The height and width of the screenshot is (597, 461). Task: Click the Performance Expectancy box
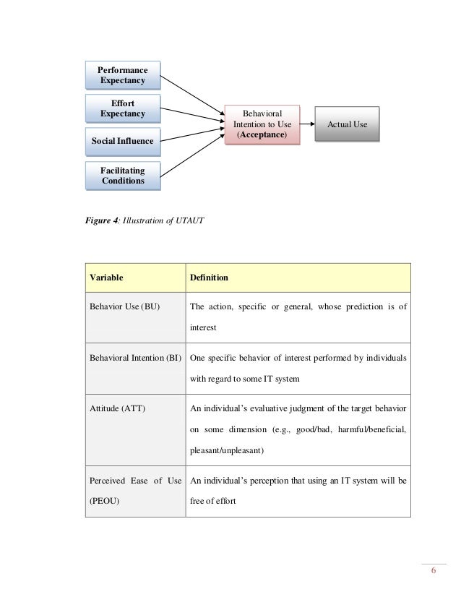click(x=122, y=74)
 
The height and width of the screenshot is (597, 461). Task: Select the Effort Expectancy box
click(x=122, y=108)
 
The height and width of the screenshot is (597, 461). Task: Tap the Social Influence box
click(x=122, y=141)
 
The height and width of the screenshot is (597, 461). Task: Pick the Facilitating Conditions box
click(x=122, y=176)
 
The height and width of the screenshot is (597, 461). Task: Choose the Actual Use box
click(x=348, y=124)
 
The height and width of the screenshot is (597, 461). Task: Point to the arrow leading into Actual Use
click(x=307, y=124)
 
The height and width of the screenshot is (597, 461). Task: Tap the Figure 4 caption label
click(x=105, y=220)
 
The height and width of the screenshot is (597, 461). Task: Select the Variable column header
click(x=105, y=278)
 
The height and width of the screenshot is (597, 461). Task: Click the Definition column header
click(x=209, y=278)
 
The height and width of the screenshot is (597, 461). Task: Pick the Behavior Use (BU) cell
click(x=124, y=306)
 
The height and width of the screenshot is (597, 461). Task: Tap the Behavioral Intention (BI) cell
click(x=135, y=357)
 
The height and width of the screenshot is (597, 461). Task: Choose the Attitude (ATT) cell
click(x=116, y=408)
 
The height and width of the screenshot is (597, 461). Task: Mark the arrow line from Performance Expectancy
click(x=191, y=95)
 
